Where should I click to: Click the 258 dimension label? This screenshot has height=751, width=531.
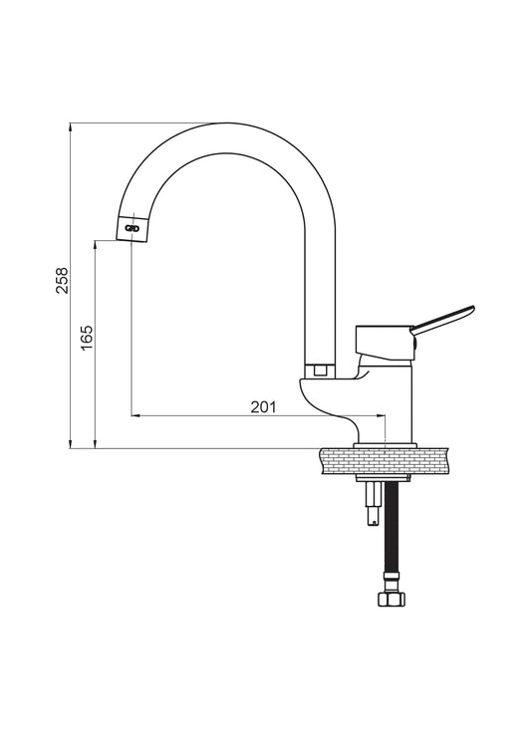click(x=63, y=280)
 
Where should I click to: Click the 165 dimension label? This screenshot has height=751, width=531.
click(x=87, y=338)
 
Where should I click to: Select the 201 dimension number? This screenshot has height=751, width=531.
click(x=264, y=406)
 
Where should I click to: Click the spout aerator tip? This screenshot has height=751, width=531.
click(x=132, y=229)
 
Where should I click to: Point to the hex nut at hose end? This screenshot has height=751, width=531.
click(x=392, y=600)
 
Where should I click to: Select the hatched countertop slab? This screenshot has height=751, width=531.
click(x=385, y=461)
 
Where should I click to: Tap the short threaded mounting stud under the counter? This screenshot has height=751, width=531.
click(x=374, y=504)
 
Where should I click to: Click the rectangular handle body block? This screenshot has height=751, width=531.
click(x=384, y=342)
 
